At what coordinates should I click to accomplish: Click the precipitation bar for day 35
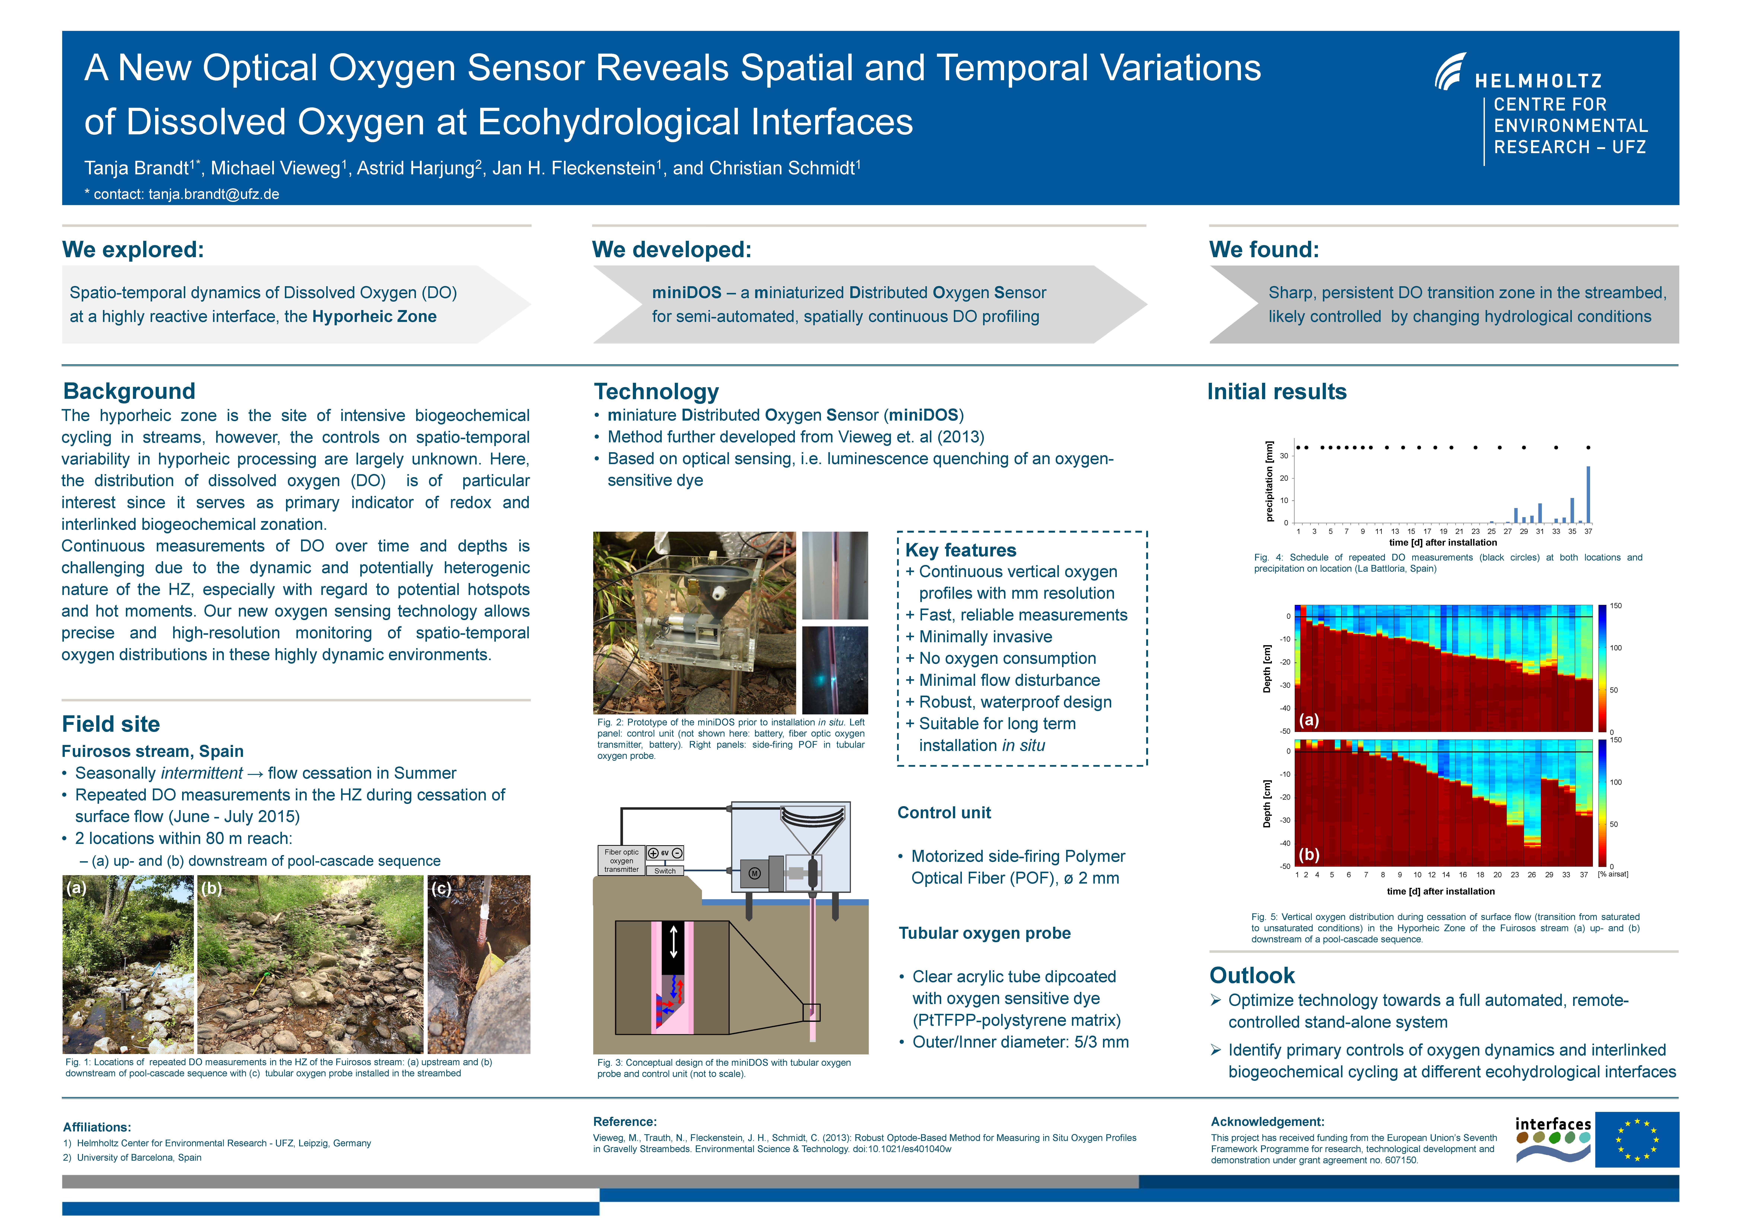click(x=1572, y=510)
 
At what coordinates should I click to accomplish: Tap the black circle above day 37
click(x=1588, y=448)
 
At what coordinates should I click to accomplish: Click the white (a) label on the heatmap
click(x=1309, y=720)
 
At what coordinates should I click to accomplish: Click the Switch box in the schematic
click(x=665, y=871)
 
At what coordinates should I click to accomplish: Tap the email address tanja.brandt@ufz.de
click(x=214, y=194)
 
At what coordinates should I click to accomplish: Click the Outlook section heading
click(x=1252, y=975)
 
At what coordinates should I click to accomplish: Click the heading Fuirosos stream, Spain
click(x=152, y=751)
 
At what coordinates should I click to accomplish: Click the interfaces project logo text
click(x=1552, y=1124)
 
